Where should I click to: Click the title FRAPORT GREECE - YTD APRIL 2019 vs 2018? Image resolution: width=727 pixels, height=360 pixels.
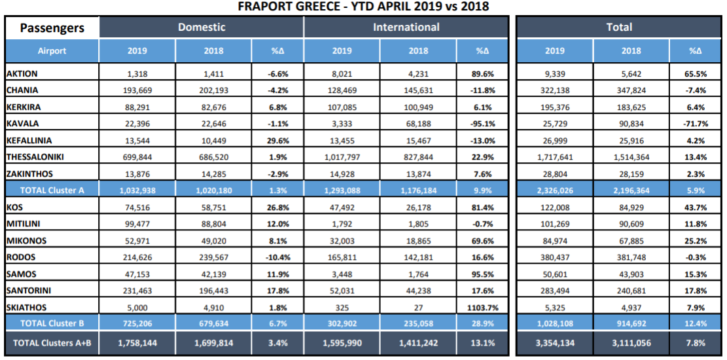363,7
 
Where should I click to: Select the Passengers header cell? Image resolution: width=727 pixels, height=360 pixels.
52,27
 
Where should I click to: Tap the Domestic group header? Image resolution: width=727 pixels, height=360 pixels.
202,27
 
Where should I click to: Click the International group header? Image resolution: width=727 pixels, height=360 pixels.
406,27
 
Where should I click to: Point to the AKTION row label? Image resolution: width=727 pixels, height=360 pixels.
22,73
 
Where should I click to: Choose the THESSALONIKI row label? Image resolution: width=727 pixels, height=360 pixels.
35,157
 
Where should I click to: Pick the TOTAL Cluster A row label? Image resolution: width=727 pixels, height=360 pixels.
52,190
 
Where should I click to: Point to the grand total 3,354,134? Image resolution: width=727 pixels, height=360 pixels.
555,343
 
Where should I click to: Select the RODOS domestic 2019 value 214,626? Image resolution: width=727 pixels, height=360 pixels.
137,257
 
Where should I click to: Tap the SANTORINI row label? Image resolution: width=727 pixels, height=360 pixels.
29,291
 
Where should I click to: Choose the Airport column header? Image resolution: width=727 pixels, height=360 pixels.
52,51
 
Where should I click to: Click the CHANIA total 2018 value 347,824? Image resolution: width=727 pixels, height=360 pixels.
632,90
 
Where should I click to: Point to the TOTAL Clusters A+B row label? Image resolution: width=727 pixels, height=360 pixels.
52,343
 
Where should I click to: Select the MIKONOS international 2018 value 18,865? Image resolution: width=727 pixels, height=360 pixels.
418,240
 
